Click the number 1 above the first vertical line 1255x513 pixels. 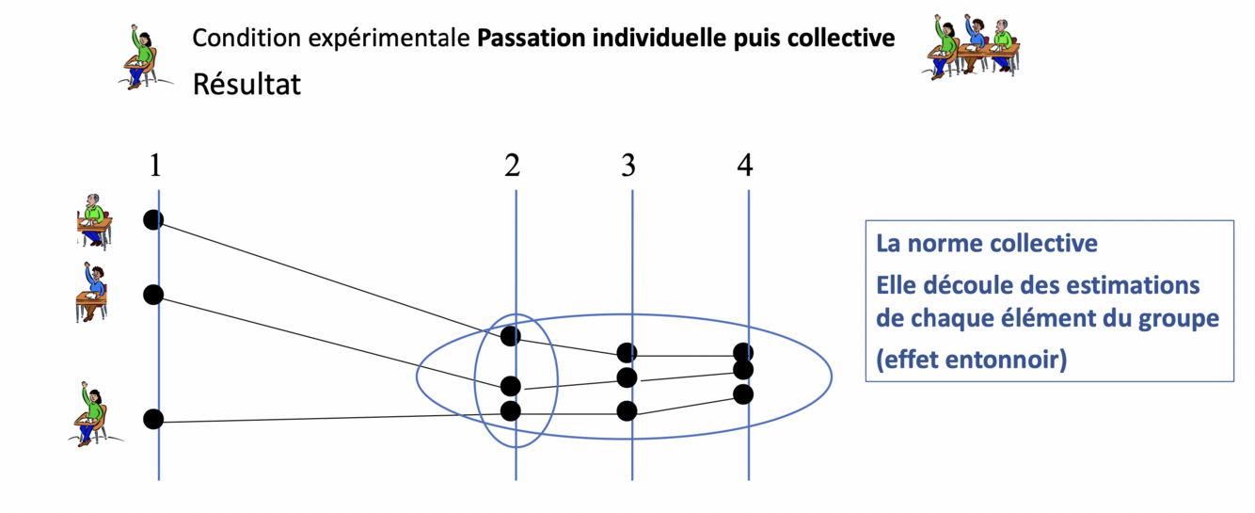[x=155, y=166]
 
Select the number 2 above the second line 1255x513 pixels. [x=512, y=166]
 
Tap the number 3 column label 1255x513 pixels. [x=627, y=166]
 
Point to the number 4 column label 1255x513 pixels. [x=744, y=166]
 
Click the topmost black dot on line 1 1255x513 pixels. [x=153, y=219]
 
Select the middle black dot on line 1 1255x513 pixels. [x=153, y=295]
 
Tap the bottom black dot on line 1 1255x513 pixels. [x=154, y=419]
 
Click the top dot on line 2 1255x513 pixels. [x=511, y=335]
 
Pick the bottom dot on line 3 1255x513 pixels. [x=627, y=411]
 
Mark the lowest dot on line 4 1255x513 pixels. [x=743, y=393]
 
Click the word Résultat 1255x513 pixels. [x=246, y=85]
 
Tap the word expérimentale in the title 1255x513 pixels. [x=399, y=40]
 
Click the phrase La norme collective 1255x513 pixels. [x=987, y=244]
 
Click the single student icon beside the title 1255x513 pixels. [x=142, y=56]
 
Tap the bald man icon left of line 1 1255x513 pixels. [x=94, y=222]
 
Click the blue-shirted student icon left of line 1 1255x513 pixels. [x=92, y=293]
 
